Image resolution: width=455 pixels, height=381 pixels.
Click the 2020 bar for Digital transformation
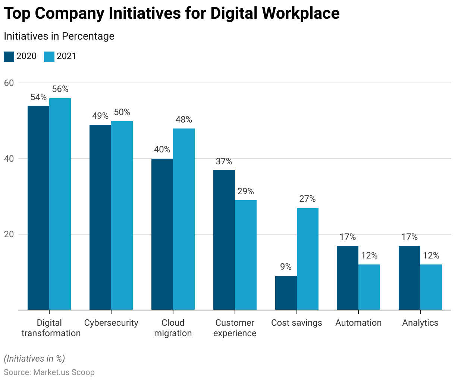(x=38, y=208)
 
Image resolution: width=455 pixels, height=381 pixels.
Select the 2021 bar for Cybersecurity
(x=122, y=215)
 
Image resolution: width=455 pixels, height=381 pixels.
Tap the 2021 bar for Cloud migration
(x=184, y=219)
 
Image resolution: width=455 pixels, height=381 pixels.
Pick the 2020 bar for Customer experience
(x=224, y=240)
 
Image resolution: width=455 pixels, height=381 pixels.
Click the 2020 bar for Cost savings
(x=286, y=293)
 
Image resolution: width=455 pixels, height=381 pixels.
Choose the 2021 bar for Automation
(x=369, y=287)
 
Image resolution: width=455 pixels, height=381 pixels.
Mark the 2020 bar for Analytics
(x=409, y=278)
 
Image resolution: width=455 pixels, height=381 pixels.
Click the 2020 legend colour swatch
(x=9, y=56)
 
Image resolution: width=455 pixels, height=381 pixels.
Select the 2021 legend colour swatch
(x=49, y=56)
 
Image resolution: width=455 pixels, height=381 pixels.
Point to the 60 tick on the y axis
(x=9, y=83)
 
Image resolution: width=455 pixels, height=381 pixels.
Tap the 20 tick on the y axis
(x=9, y=234)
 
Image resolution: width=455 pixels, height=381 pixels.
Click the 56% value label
(x=60, y=89)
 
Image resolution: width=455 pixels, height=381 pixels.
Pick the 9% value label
(x=286, y=267)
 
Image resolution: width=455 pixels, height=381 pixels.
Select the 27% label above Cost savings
(x=307, y=199)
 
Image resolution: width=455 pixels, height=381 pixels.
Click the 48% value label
(x=184, y=120)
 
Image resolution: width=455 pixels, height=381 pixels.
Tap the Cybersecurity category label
(x=111, y=323)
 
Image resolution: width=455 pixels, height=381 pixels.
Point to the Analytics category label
(x=420, y=323)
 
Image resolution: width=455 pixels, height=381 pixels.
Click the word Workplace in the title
(x=301, y=13)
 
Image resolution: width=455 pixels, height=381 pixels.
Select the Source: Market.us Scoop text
(x=49, y=372)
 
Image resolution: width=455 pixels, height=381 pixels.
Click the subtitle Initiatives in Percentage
(x=59, y=36)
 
